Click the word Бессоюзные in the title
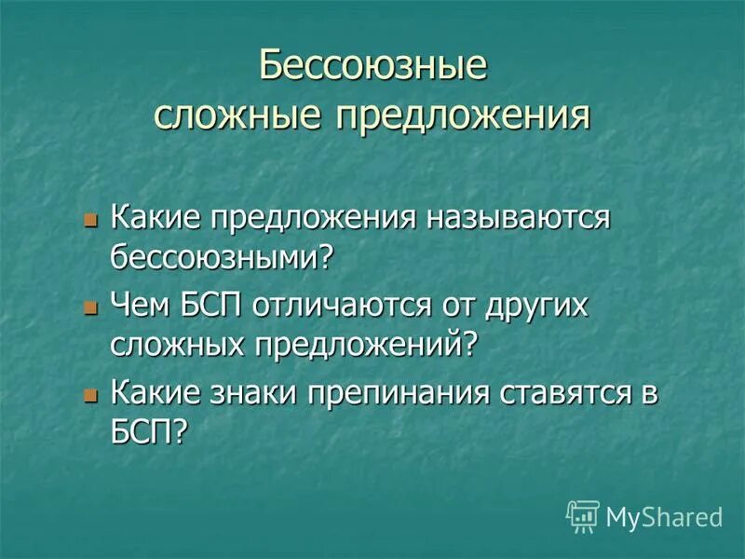point(372,68)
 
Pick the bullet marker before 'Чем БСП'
point(91,308)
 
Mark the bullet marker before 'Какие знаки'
point(91,394)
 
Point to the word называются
point(519,219)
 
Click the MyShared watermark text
point(664,517)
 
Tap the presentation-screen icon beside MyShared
point(582,516)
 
